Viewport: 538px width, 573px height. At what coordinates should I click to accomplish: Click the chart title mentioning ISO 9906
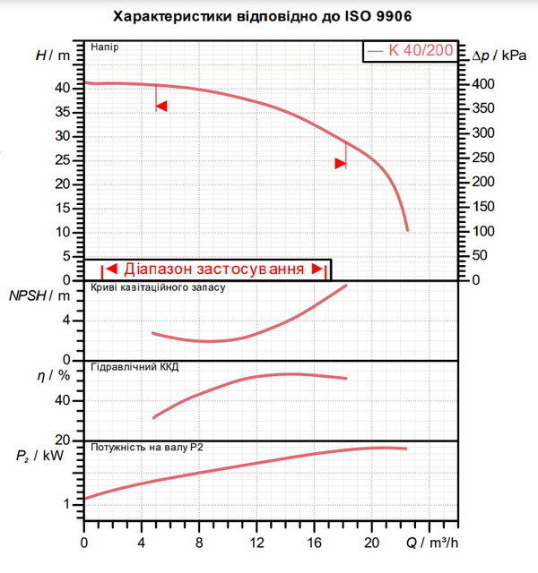pyautogui.click(x=263, y=17)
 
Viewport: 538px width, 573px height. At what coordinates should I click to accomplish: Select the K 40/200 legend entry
pyautogui.click(x=411, y=50)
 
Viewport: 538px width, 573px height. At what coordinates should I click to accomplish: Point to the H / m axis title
pyautogui.click(x=53, y=56)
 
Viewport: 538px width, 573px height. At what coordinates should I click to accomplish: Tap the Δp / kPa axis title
pyautogui.click(x=499, y=56)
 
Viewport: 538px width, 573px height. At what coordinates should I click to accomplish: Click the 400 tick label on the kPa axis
pyautogui.click(x=483, y=84)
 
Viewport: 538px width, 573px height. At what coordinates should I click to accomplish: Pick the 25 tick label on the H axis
pyautogui.click(x=62, y=159)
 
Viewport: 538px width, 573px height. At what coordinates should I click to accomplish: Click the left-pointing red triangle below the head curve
pyautogui.click(x=161, y=106)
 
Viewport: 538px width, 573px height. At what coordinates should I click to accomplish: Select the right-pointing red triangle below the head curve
pyautogui.click(x=341, y=163)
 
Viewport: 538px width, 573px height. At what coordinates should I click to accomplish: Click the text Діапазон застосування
pyautogui.click(x=214, y=269)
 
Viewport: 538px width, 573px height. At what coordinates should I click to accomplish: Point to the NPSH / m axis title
pyautogui.click(x=39, y=295)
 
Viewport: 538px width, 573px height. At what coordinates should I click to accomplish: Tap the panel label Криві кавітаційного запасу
pyautogui.click(x=158, y=287)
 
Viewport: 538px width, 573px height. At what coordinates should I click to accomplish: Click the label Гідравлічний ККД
pyautogui.click(x=134, y=367)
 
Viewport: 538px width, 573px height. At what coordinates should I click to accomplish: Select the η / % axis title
pyautogui.click(x=54, y=375)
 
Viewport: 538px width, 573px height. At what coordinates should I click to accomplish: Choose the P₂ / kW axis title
pyautogui.click(x=39, y=456)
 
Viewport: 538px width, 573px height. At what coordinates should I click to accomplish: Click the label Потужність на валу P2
pyautogui.click(x=147, y=448)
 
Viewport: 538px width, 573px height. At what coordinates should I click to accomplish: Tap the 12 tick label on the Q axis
pyautogui.click(x=257, y=543)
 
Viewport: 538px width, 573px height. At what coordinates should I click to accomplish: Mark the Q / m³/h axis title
pyautogui.click(x=432, y=543)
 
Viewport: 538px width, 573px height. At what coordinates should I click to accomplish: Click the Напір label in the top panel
pyautogui.click(x=105, y=47)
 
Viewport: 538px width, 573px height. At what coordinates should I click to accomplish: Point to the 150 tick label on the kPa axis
pyautogui.click(x=483, y=207)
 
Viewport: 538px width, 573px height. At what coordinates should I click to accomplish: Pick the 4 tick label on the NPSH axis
pyautogui.click(x=66, y=321)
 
